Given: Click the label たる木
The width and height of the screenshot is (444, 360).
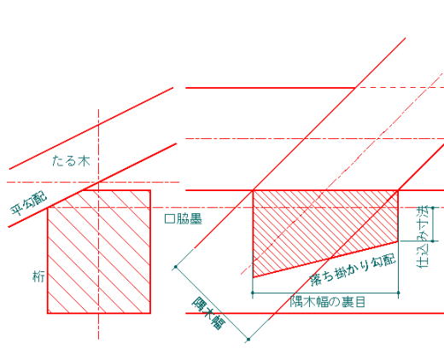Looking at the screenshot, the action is [71, 161].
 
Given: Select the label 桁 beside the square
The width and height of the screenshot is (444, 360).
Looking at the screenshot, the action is [38, 276].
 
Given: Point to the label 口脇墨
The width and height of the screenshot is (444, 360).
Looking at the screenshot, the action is [184, 219].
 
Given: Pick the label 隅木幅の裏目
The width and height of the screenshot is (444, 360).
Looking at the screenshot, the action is [327, 302].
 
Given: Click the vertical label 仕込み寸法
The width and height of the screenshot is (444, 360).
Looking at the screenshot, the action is [423, 237].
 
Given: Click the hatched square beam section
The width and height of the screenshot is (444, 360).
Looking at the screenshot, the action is [99, 252].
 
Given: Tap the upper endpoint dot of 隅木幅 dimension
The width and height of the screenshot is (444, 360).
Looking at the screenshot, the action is [176, 267].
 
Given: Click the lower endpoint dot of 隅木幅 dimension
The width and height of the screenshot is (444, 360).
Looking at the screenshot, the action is [248, 340].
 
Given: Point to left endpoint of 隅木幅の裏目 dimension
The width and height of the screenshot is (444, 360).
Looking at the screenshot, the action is [253, 293].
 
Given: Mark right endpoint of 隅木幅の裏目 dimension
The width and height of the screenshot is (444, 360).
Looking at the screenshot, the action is [398, 293].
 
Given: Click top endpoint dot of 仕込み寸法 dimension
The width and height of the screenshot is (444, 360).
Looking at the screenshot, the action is [433, 208].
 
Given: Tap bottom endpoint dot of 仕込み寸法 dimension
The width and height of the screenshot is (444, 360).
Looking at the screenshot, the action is [433, 241].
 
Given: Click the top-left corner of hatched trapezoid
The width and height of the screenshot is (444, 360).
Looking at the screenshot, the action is [254, 190].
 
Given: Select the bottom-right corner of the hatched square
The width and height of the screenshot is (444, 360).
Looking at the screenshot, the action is [150, 313].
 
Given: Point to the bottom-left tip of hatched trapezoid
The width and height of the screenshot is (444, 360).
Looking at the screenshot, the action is [254, 277].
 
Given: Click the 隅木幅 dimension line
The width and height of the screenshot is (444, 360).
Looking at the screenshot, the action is [212, 303].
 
